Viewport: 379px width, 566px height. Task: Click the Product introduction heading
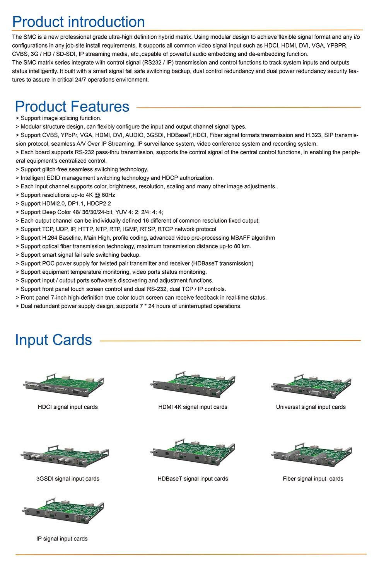point(79,22)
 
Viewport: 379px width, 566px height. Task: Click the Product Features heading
point(72,106)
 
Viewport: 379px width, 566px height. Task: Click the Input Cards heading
point(53,340)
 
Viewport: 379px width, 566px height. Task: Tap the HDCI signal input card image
point(64,385)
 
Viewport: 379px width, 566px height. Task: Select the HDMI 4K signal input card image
point(193,385)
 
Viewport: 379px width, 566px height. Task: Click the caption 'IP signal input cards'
point(62,539)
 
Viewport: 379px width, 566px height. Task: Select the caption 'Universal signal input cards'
point(311,407)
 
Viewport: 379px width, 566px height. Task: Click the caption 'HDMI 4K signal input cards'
point(193,407)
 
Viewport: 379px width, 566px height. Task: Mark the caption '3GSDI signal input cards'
point(68,479)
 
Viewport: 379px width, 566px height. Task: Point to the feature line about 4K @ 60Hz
point(66,195)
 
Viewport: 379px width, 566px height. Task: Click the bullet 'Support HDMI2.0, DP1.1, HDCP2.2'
point(63,203)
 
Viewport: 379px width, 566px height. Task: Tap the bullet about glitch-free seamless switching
point(82,169)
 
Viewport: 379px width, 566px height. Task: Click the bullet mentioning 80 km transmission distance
point(133,246)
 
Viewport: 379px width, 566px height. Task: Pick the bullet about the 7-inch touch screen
point(141,297)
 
